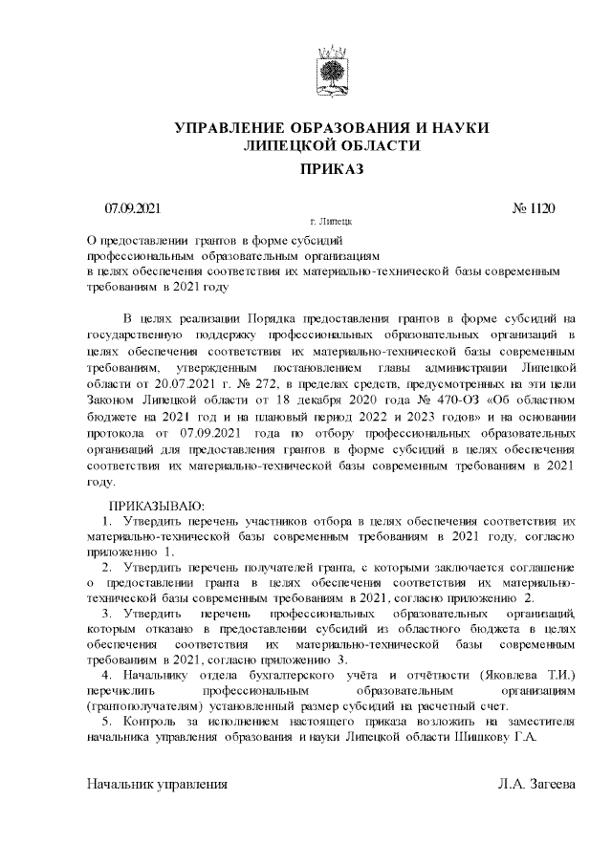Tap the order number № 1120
(x=533, y=208)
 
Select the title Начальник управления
(x=157, y=784)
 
